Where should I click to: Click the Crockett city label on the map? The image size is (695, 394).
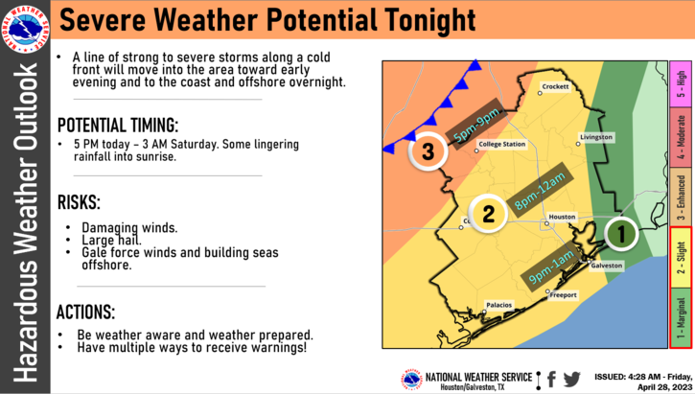(555, 87)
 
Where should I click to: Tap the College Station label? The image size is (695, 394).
(501, 145)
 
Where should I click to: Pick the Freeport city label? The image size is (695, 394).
(563, 295)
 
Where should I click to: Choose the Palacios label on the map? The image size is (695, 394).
(498, 306)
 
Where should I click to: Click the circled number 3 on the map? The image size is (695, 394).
(428, 151)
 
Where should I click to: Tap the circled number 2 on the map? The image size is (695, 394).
(488, 213)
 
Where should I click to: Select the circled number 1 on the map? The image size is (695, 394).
(621, 232)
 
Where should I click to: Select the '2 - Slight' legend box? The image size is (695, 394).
(680, 258)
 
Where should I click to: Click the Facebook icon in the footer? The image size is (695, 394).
(551, 379)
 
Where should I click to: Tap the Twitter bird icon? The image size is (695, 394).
(572, 379)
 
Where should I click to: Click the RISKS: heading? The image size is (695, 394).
(79, 202)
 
